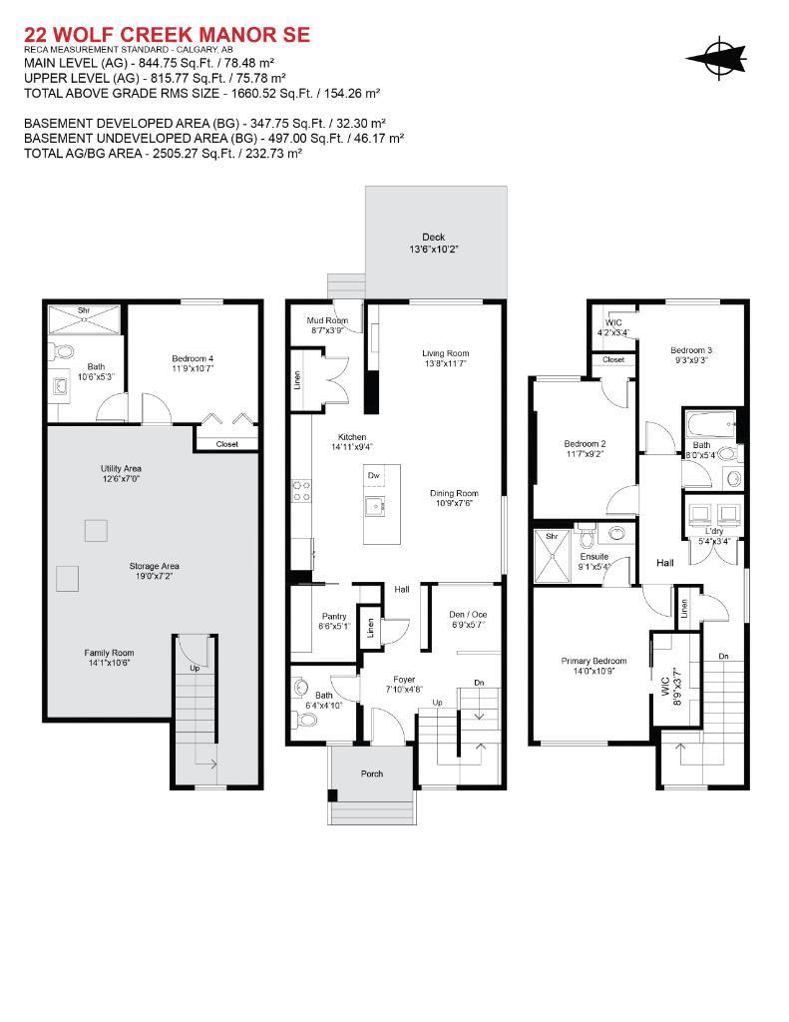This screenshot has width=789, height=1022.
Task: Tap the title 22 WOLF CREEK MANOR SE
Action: tap(167, 35)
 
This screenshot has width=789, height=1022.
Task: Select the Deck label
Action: tap(433, 237)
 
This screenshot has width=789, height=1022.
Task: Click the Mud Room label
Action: tap(328, 320)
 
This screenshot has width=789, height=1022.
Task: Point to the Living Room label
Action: tap(445, 353)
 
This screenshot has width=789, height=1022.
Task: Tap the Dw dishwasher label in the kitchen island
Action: tap(374, 476)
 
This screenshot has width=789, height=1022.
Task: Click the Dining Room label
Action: tap(454, 493)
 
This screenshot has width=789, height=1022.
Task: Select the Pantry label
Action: tap(334, 616)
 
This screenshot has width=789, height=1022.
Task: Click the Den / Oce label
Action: tap(467, 614)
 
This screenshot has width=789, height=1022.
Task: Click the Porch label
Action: tap(371, 773)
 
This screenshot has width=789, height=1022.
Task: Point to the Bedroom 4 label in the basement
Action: tap(193, 358)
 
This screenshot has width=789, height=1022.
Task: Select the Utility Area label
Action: tap(121, 468)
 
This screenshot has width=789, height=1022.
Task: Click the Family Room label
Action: tap(109, 652)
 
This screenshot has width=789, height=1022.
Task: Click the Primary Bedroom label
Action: tap(593, 661)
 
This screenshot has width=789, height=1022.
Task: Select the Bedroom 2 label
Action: tap(586, 443)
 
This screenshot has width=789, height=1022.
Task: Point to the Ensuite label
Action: tap(595, 557)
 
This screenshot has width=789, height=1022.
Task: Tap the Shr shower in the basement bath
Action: tap(84, 310)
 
